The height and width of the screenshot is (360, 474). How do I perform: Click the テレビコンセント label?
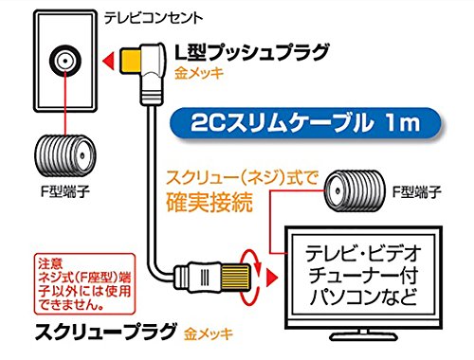(154, 18)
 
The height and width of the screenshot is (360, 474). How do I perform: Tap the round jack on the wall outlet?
(65, 61)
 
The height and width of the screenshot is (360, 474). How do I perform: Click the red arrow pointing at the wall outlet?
(108, 61)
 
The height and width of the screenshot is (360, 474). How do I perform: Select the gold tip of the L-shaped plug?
(130, 61)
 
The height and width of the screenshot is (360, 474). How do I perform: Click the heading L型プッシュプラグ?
(252, 52)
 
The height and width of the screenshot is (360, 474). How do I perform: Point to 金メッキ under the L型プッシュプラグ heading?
(199, 74)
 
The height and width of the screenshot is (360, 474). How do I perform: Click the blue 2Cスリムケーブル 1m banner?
(305, 123)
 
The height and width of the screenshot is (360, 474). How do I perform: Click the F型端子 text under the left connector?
(65, 191)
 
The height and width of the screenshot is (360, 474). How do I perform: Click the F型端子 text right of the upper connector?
(417, 191)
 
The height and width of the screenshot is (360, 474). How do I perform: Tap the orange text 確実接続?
(210, 202)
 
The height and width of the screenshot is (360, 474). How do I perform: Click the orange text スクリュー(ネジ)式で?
(242, 178)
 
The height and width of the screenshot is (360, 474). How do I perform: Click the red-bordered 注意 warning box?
(84, 284)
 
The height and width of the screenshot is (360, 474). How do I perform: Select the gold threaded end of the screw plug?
(235, 278)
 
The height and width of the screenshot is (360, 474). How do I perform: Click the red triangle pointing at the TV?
(272, 278)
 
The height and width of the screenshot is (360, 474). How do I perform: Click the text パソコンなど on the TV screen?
(363, 297)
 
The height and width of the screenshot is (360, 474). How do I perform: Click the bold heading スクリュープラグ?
(105, 332)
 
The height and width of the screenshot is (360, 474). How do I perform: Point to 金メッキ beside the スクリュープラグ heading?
(209, 334)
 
